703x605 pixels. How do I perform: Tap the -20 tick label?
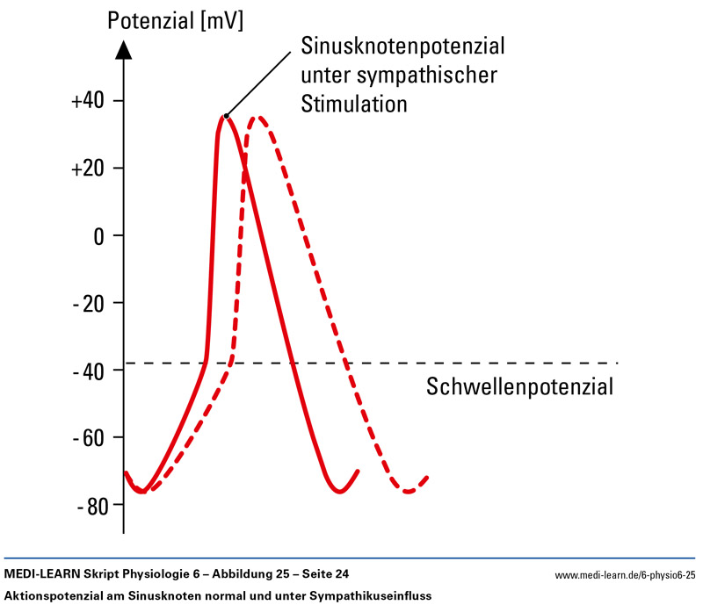coord(89,304)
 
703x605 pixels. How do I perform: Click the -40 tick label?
coord(89,371)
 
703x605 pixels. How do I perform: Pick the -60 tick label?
coord(89,438)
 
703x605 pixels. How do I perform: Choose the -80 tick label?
coord(89,506)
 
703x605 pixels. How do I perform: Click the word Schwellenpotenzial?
coord(518,386)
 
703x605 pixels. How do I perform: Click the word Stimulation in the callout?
coord(354,104)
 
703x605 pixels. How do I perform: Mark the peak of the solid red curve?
coord(225,116)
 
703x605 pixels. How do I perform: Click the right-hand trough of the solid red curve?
coord(339,492)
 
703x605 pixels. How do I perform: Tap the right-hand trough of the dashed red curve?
coord(409,492)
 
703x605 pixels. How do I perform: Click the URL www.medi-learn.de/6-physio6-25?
coord(625,575)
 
